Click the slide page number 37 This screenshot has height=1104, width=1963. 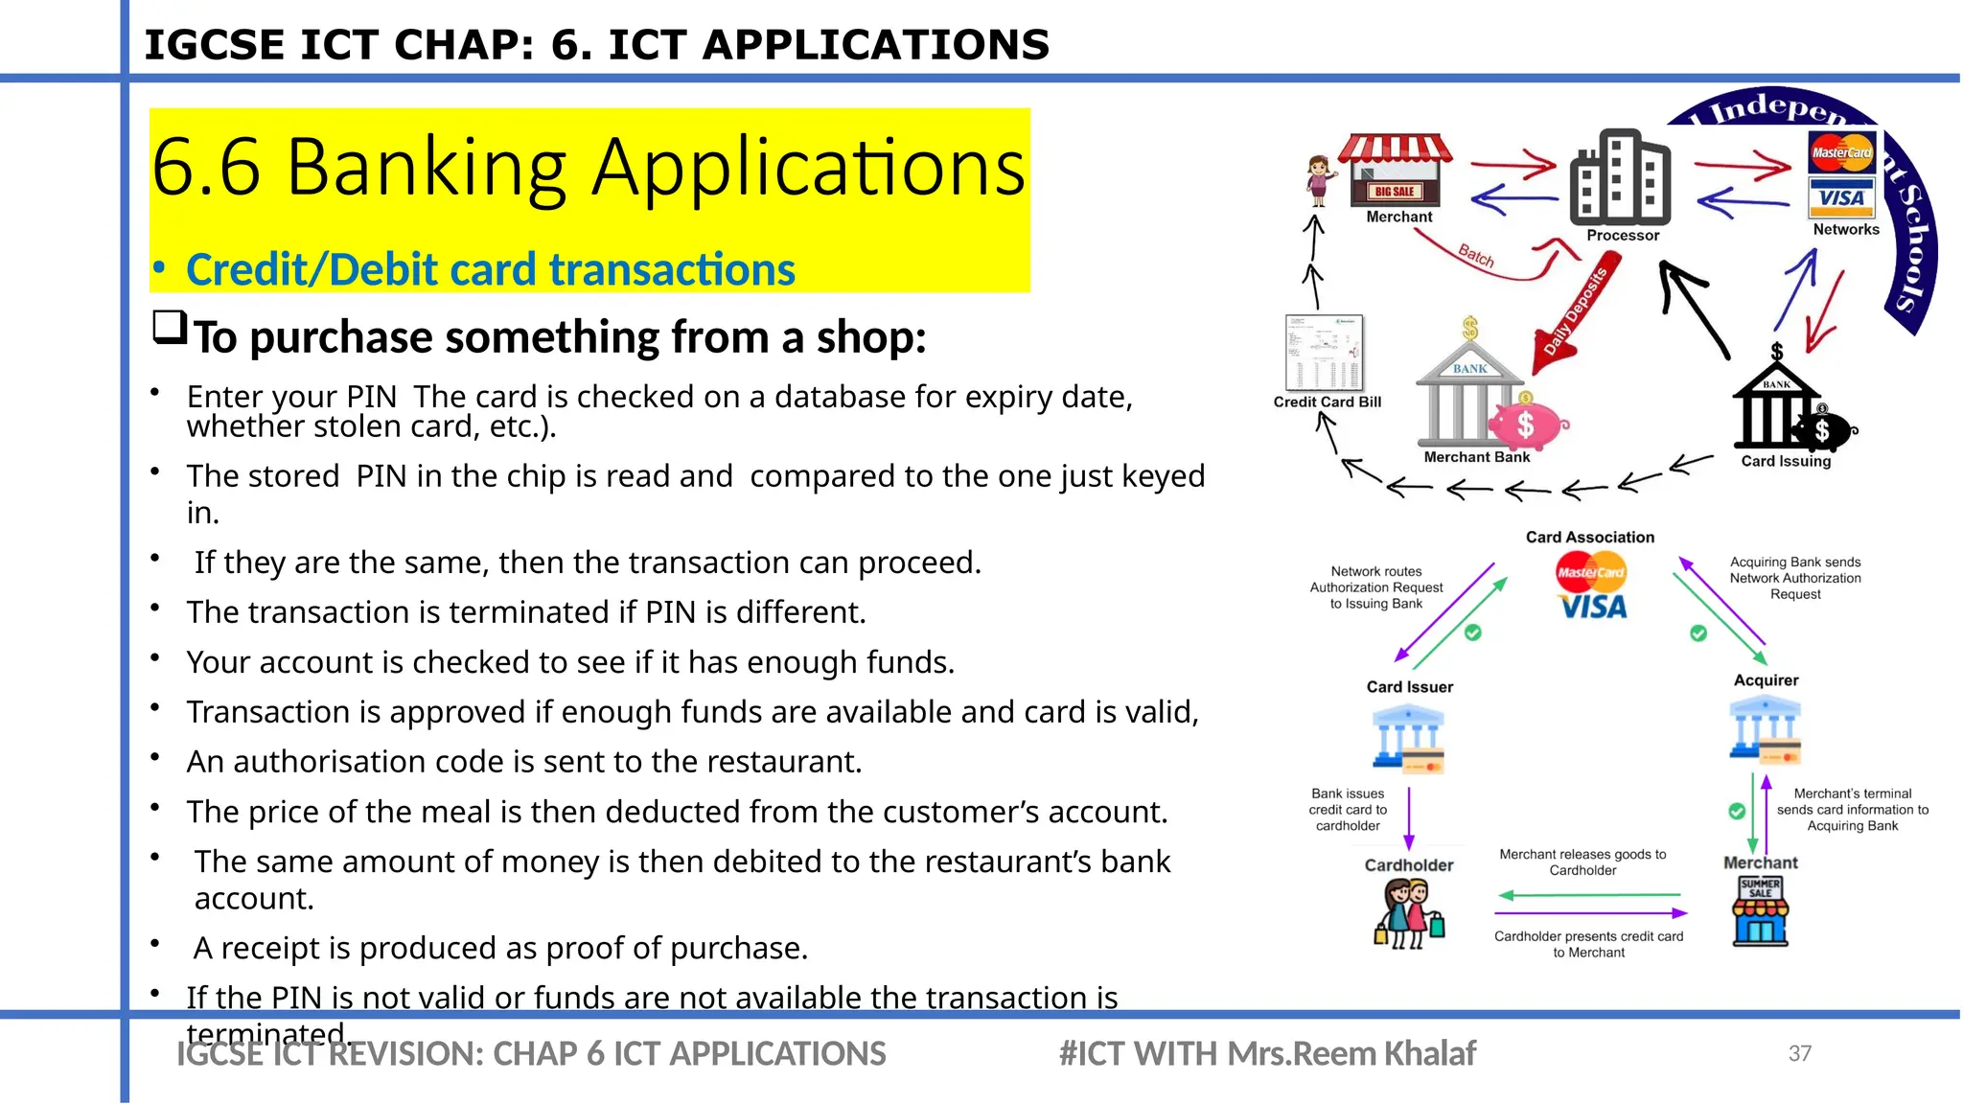click(1799, 1053)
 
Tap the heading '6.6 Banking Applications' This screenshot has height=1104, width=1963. click(588, 168)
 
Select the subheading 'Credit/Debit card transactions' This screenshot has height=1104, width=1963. click(490, 270)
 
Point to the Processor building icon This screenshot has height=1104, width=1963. click(1620, 178)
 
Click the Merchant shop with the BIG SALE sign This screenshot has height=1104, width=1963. click(1396, 172)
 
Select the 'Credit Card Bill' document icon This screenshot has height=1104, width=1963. click(1324, 353)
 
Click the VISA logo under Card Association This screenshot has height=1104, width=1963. click(1593, 607)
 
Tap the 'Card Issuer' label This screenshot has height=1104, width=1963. click(1409, 687)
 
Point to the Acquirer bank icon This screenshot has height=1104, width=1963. click(1765, 728)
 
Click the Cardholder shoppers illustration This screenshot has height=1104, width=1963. click(1408, 914)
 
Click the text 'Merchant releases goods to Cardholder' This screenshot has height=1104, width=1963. click(1582, 862)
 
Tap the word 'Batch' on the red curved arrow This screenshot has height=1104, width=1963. click(1476, 256)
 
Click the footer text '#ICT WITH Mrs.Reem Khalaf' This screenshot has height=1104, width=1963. click(1266, 1053)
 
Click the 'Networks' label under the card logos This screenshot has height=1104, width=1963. click(1845, 230)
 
